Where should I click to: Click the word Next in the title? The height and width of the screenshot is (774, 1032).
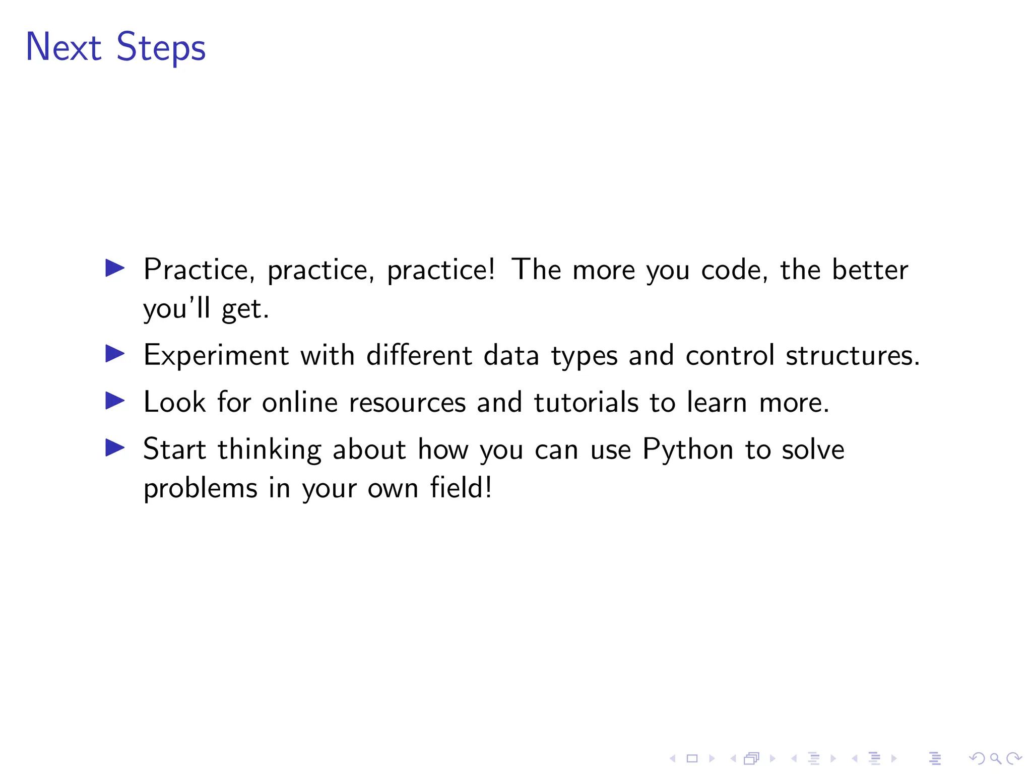coord(63,47)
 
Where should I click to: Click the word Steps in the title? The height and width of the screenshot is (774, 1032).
coord(161,48)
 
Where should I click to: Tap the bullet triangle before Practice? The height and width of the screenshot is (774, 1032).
coord(115,268)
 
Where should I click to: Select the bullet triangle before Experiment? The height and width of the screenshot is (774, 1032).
coord(115,354)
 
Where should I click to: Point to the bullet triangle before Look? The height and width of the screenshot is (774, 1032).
coord(115,401)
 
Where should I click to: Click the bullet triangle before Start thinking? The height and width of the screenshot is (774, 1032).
coord(115,447)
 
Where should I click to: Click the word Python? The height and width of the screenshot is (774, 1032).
coord(687,449)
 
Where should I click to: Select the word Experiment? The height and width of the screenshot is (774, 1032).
coord(216,356)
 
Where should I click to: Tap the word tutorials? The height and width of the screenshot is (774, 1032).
coord(586,403)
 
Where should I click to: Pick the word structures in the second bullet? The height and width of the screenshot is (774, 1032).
coord(852,356)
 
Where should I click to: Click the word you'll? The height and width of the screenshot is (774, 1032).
coord(176,309)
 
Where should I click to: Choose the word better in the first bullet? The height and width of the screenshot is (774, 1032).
coord(870,270)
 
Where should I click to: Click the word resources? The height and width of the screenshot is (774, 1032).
coord(407,403)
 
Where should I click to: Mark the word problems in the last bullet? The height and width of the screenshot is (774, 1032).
coord(201,489)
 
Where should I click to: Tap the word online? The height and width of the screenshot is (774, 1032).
coord(299,403)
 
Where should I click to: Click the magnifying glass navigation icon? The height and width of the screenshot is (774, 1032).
coord(995,758)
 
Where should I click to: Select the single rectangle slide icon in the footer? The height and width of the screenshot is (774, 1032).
coord(692,758)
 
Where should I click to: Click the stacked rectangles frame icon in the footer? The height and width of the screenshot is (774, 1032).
coord(751,758)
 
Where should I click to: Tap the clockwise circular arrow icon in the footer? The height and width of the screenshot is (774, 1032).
coord(1014,758)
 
